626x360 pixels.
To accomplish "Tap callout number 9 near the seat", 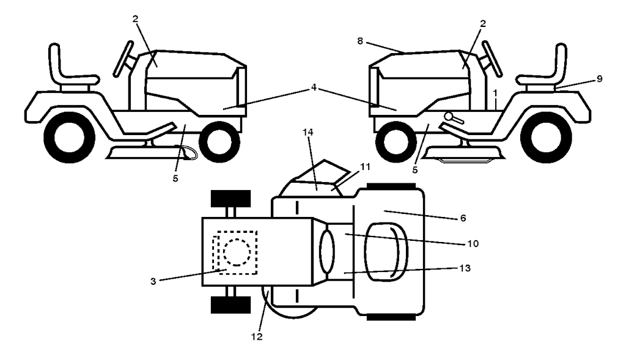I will (x=599, y=78).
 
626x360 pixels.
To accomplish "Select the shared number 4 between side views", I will (x=313, y=87).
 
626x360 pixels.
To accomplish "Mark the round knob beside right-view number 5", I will (x=449, y=116).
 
